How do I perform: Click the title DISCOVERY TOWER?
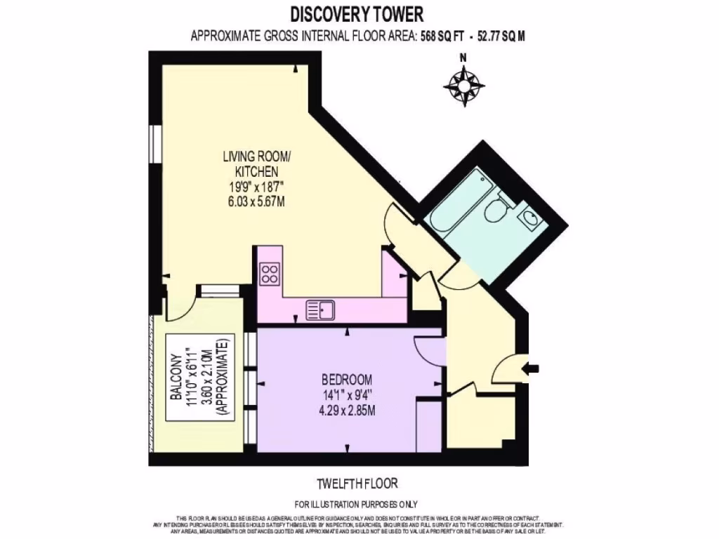[x=357, y=14]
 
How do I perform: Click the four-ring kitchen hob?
[x=270, y=273]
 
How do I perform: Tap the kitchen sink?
[x=322, y=308]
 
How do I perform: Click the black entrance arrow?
[x=532, y=367]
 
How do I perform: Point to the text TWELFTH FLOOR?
[x=357, y=484]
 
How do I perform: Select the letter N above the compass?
[x=463, y=58]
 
